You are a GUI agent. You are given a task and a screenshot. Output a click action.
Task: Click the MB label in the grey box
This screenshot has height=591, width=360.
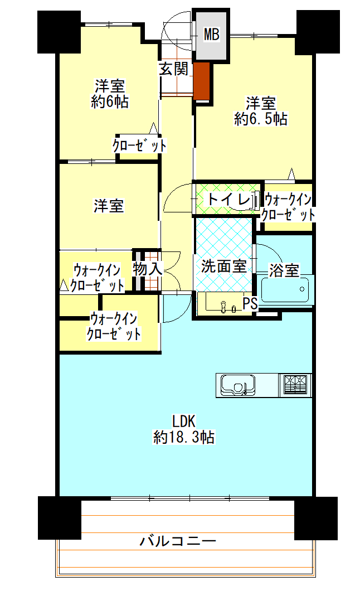(x=211, y=35)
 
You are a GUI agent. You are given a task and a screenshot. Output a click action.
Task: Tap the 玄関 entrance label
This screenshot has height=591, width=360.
(x=173, y=69)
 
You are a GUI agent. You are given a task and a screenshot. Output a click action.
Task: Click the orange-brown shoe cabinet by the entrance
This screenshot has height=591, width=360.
(x=202, y=81)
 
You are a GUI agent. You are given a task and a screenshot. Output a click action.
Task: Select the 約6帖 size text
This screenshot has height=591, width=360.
(x=110, y=102)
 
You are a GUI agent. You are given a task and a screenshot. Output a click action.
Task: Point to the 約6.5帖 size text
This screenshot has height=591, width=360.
(x=261, y=119)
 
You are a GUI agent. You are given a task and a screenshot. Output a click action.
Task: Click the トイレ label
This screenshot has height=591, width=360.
(x=228, y=200)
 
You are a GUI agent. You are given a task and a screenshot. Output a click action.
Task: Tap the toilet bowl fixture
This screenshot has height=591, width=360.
(x=248, y=200)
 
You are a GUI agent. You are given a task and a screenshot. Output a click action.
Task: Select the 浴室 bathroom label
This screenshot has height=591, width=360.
(x=284, y=270)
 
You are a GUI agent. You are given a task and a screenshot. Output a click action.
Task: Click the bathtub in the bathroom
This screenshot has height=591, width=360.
(x=287, y=289)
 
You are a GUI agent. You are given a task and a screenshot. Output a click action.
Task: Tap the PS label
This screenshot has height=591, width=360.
(x=250, y=303)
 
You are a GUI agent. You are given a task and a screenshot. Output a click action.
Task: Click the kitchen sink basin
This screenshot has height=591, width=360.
(x=237, y=385)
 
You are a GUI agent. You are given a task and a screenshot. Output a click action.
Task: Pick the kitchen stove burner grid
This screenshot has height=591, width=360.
(x=295, y=385)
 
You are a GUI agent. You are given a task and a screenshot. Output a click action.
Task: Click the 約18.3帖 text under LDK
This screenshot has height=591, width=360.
(x=184, y=437)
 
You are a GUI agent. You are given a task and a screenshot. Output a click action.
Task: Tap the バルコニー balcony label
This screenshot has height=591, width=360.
(x=178, y=541)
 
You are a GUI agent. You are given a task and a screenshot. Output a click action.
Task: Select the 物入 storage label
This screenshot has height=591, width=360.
(x=148, y=269)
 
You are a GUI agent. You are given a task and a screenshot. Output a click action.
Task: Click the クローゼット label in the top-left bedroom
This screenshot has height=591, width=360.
(x=139, y=146)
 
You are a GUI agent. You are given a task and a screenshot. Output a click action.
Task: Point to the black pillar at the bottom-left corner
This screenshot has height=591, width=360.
(x=60, y=518)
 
